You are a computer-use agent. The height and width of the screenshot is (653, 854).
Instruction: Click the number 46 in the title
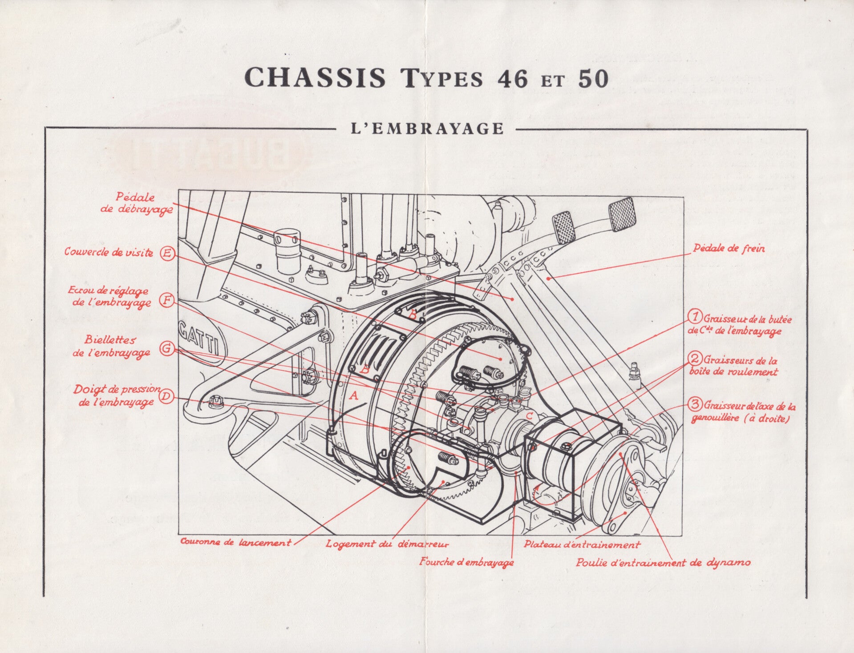[x=512, y=78]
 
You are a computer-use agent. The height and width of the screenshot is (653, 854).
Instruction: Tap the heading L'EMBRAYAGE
[x=428, y=129]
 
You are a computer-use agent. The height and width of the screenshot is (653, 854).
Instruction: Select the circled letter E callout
[x=168, y=253]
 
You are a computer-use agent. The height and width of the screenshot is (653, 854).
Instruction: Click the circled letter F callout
[x=167, y=300]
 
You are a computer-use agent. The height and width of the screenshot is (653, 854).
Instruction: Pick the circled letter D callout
[x=166, y=396]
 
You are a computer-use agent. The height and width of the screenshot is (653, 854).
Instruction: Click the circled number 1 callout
[x=695, y=317]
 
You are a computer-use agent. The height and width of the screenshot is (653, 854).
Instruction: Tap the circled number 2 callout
[x=695, y=359]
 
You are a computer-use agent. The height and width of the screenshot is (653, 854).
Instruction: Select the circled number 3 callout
[x=695, y=404]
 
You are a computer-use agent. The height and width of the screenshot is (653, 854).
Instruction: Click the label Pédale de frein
[x=729, y=248]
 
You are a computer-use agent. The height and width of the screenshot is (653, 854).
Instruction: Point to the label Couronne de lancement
[x=235, y=542]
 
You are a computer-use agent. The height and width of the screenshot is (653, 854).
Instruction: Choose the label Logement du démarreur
[x=387, y=544]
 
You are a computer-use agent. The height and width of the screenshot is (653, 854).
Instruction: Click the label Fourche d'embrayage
[x=466, y=562]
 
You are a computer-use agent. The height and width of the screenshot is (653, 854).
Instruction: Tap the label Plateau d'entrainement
[x=582, y=544]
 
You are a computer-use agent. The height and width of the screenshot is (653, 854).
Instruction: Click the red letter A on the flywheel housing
[x=354, y=395]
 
